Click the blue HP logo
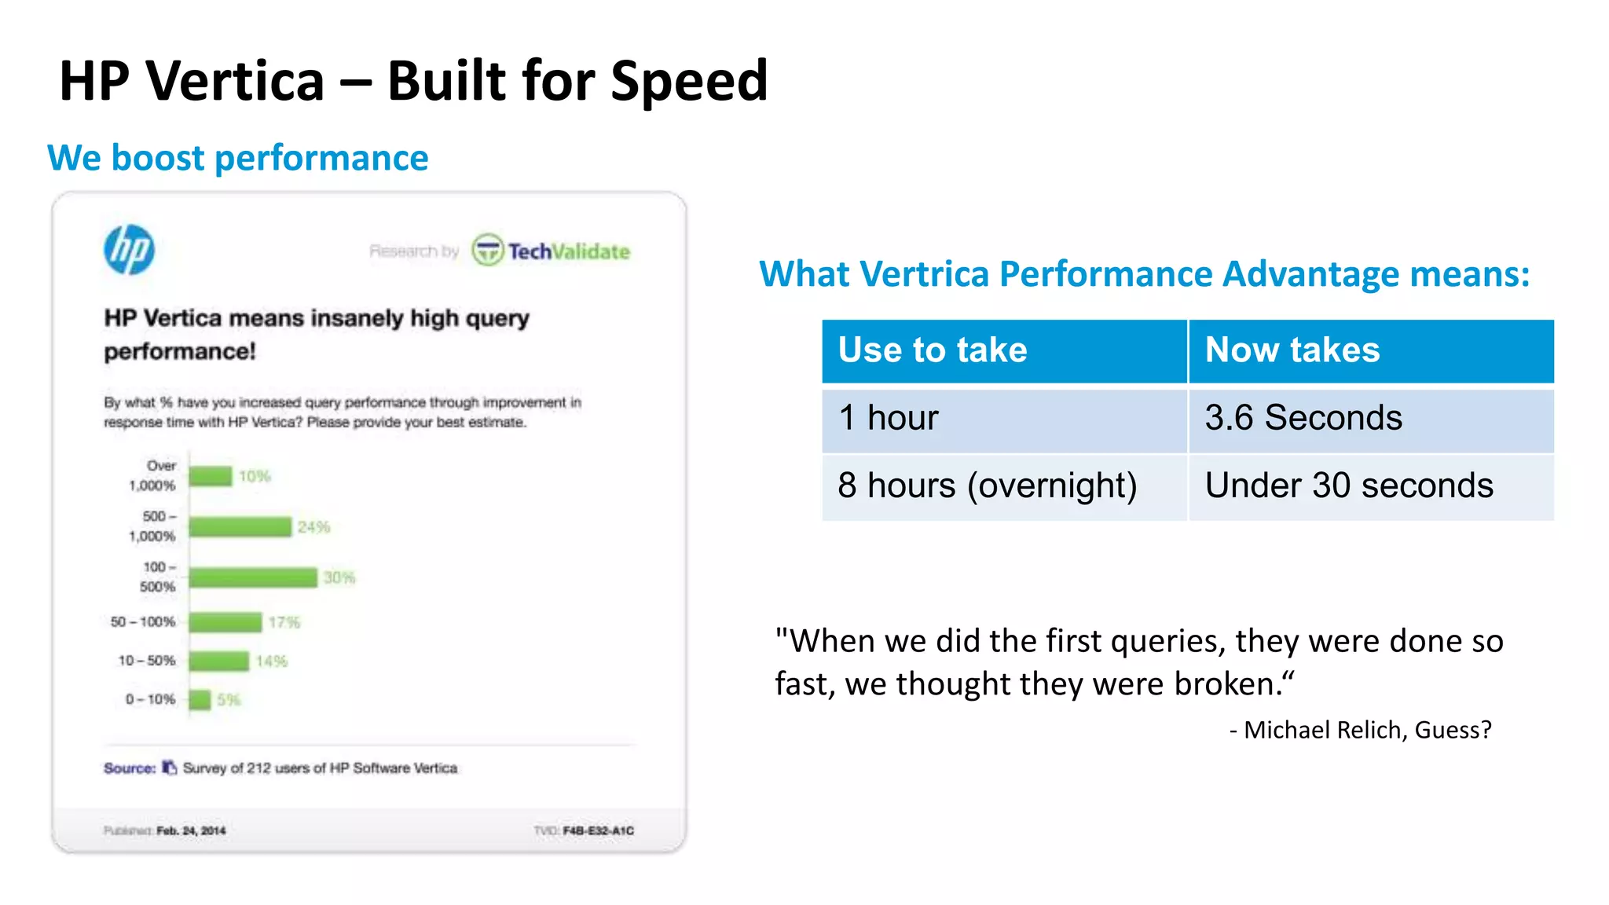130,250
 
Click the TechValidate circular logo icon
487,251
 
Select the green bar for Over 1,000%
211,476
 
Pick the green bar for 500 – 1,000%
240,526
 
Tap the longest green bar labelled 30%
253,577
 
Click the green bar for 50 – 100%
225,622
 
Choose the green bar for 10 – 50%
219,661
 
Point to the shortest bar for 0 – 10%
200,699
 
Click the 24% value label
313,527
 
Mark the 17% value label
284,623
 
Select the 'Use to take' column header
933,350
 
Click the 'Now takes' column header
1292,350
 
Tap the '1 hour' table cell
888,418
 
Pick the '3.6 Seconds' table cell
1303,418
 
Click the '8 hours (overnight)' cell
987,485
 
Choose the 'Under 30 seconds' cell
1349,485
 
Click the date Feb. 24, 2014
191,830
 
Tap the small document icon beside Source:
169,768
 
